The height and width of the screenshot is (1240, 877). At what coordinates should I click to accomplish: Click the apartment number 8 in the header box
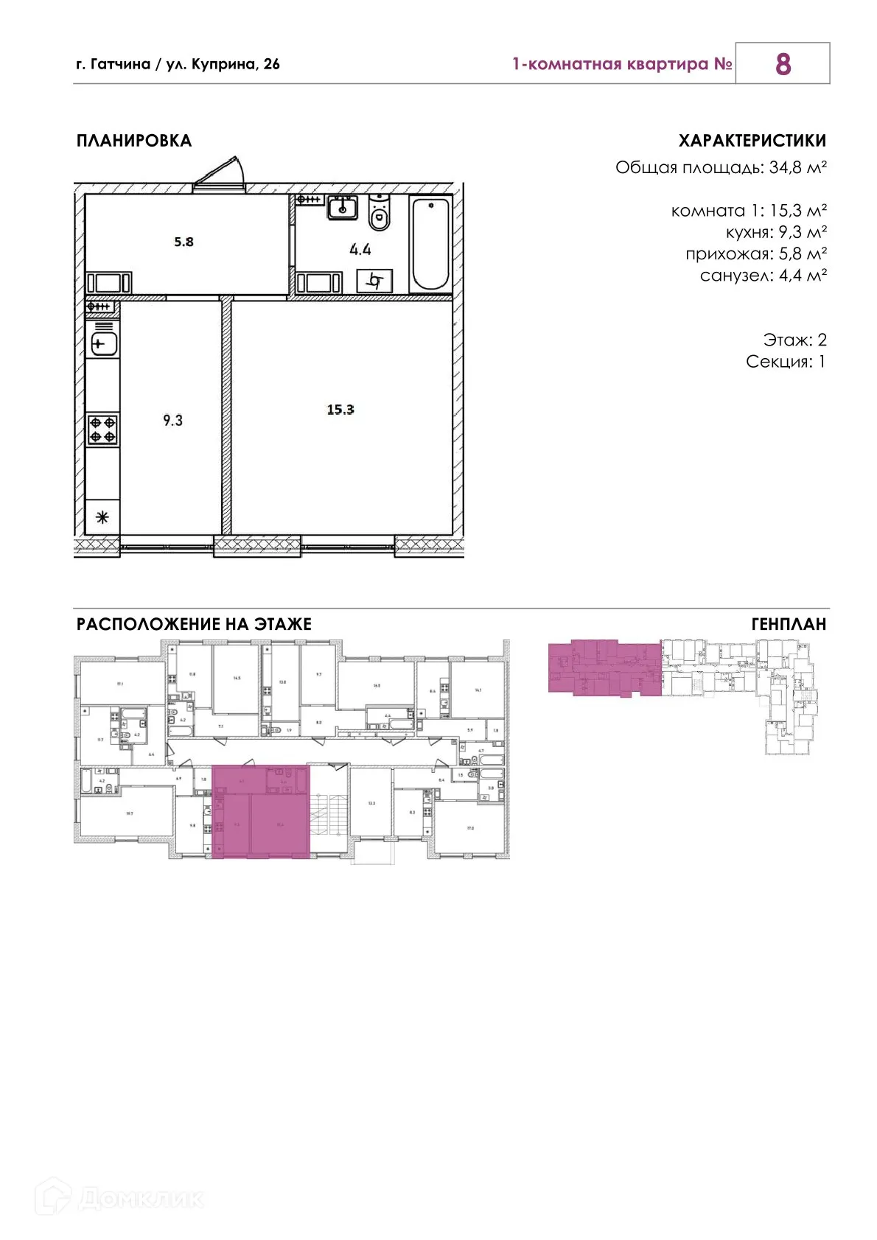point(783,64)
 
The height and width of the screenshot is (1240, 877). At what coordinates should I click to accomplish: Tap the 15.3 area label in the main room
point(340,410)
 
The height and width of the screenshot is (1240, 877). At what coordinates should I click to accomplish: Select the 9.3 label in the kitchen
point(172,421)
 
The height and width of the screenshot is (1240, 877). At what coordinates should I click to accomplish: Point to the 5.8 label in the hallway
point(184,242)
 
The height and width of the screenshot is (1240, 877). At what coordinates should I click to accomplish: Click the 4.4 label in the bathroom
point(360,250)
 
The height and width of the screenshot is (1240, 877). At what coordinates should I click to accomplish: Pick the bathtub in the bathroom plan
point(430,244)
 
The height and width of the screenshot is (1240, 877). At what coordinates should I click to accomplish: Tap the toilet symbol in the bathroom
point(380,214)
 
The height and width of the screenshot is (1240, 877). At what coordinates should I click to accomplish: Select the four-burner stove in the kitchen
point(102,430)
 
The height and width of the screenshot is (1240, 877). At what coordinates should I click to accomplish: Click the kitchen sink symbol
point(103,343)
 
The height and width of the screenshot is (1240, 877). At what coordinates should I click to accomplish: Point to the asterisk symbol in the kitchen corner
point(102,517)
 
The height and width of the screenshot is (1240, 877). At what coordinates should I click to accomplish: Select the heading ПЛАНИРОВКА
point(134,141)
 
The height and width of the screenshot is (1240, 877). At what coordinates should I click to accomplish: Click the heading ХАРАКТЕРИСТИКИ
point(752,141)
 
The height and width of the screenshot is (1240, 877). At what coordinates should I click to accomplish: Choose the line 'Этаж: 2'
point(794,340)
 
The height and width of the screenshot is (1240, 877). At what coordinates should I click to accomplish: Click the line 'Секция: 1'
point(786,362)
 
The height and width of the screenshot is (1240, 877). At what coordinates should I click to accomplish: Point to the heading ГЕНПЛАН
point(789,625)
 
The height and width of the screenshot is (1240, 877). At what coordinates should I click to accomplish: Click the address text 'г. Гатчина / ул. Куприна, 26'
point(178,64)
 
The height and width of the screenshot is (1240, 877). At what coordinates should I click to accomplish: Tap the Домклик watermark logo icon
point(54,1197)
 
